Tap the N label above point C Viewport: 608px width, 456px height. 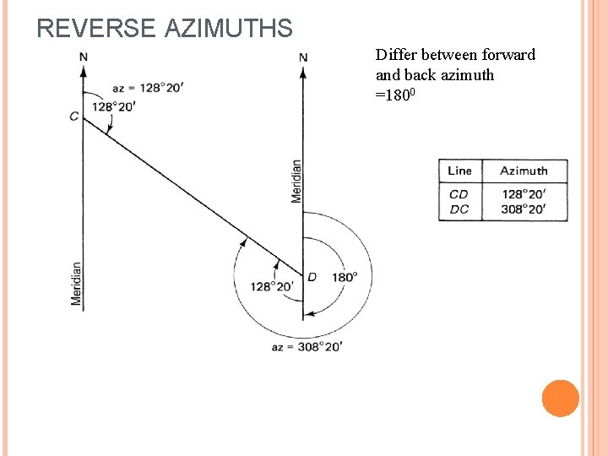click(x=83, y=57)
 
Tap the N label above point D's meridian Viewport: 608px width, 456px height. click(x=303, y=57)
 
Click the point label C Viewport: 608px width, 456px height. click(x=74, y=117)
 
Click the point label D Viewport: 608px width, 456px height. click(x=312, y=276)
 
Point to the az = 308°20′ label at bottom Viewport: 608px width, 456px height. click(x=307, y=346)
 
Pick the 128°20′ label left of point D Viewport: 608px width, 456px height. click(x=272, y=286)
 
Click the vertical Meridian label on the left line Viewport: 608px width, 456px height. click(x=76, y=283)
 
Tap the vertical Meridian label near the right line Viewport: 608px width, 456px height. click(x=296, y=181)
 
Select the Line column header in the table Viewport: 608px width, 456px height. click(x=459, y=171)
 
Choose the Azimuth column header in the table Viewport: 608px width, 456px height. click(x=524, y=171)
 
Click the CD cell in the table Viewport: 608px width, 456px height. click(x=459, y=194)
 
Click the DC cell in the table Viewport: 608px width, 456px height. click(x=459, y=209)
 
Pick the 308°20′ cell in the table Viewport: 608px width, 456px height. click(x=524, y=209)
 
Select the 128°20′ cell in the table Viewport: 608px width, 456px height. click(x=524, y=194)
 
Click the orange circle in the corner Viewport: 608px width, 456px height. click(x=561, y=399)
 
